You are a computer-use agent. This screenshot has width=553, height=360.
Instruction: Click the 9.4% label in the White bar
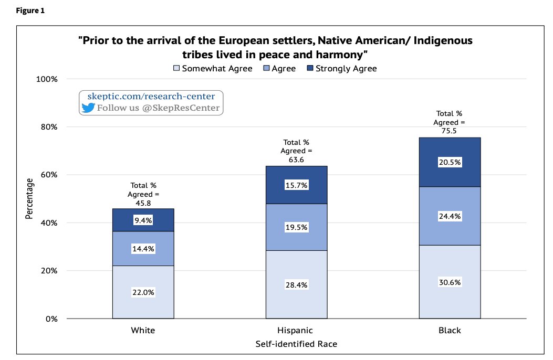pos(143,221)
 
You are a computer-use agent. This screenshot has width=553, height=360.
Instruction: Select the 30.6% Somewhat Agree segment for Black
pos(450,282)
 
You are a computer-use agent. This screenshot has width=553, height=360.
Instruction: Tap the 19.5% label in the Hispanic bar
pos(296,227)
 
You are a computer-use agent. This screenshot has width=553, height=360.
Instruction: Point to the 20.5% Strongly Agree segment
pos(450,162)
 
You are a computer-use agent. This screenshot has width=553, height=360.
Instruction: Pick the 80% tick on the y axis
pos(46,127)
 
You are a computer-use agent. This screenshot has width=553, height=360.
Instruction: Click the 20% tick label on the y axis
pos(46,271)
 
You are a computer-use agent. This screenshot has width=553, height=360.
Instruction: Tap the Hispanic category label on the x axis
pos(296,331)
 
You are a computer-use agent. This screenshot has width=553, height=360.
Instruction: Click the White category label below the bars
pos(143,331)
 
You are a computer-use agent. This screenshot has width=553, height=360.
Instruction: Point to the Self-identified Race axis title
pos(296,344)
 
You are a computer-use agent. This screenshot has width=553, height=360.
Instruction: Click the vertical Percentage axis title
pos(29,198)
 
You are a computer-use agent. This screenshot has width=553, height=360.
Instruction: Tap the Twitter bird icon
pos(87,108)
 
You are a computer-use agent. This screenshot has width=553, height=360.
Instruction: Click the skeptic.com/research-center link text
pos(150,97)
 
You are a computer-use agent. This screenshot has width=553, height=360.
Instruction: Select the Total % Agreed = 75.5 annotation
pos(450,122)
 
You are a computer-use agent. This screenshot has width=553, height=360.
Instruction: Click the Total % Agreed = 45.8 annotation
pos(143,194)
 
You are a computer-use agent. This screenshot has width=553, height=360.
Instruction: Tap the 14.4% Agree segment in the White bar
pos(143,249)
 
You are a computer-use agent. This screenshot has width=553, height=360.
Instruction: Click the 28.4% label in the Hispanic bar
pos(296,285)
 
